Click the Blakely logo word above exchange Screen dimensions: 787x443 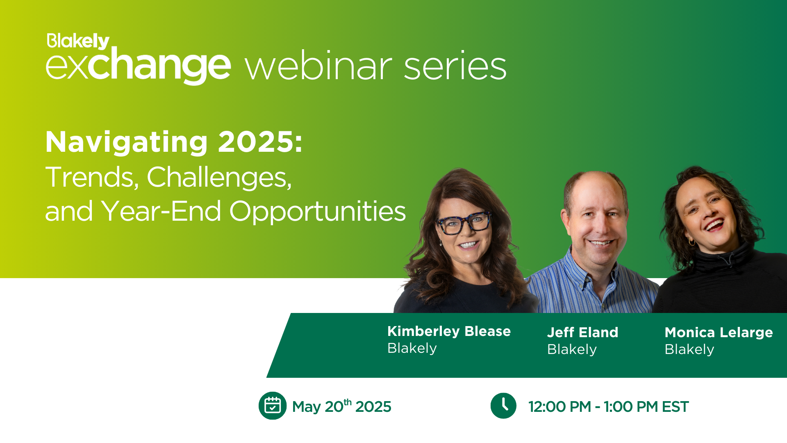pyautogui.click(x=78, y=41)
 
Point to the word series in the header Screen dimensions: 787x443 pyautogui.click(x=455, y=66)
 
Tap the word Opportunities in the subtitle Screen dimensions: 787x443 pyautogui.click(x=317, y=212)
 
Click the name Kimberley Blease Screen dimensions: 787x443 pyautogui.click(x=449, y=331)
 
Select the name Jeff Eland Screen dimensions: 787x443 pyautogui.click(x=582, y=332)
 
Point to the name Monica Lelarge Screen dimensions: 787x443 pyautogui.click(x=719, y=333)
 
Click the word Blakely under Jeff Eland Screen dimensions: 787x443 pyautogui.click(x=572, y=349)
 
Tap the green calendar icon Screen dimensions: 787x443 pyautogui.click(x=273, y=406)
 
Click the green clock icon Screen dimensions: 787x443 pyautogui.click(x=503, y=406)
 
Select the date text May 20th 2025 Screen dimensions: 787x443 pyautogui.click(x=341, y=406)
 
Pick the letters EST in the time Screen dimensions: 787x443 pyautogui.click(x=675, y=407)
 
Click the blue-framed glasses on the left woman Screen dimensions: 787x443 pyautogui.click(x=464, y=223)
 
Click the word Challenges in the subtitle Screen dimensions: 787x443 pyautogui.click(x=219, y=177)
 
